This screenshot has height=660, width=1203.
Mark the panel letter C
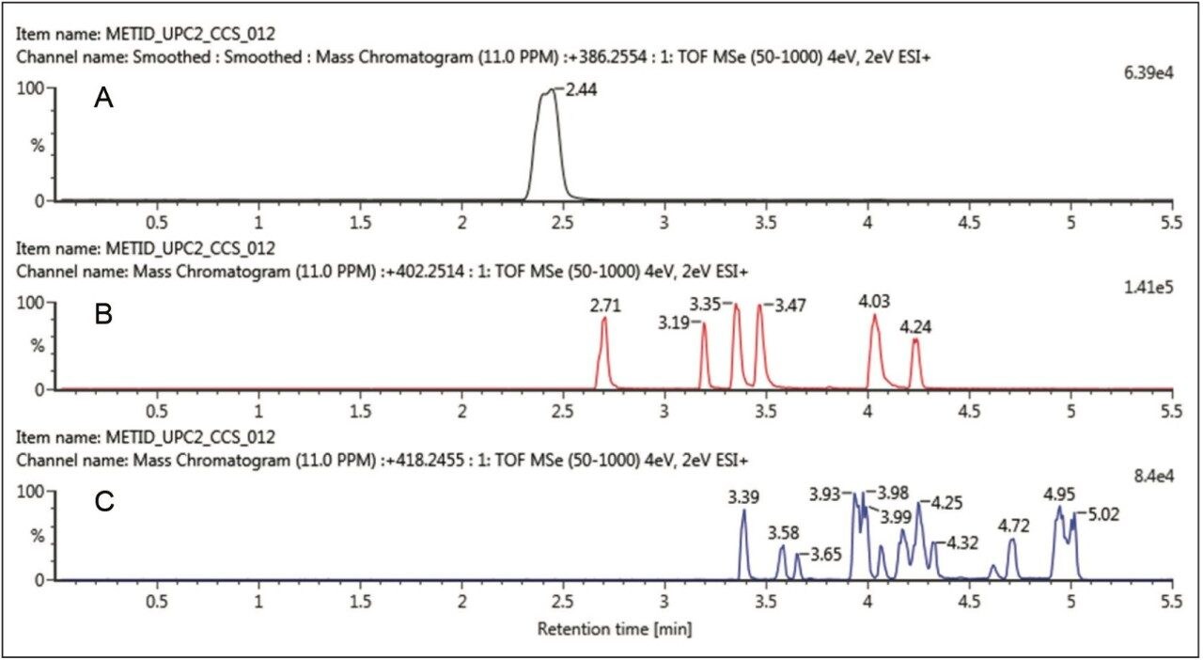103,502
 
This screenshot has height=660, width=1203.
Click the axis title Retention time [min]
615,628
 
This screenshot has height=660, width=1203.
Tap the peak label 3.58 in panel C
783,533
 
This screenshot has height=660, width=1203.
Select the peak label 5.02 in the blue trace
1103,514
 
